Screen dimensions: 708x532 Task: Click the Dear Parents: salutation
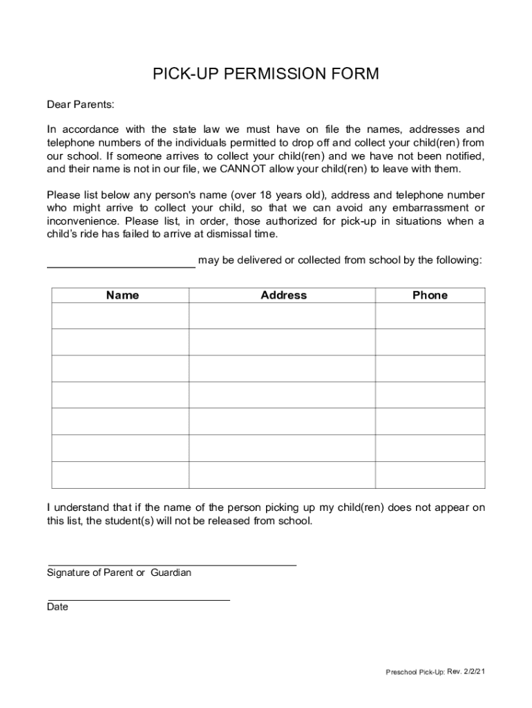point(80,104)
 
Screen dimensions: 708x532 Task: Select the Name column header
point(122,295)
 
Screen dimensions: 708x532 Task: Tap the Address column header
point(283,295)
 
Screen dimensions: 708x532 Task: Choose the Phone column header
point(430,295)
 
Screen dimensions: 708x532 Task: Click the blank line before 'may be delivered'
point(121,265)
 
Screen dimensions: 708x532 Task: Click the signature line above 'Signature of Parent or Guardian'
point(171,564)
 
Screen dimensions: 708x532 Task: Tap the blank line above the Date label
point(138,599)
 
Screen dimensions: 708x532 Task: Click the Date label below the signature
point(57,607)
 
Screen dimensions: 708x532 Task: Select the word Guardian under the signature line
point(169,572)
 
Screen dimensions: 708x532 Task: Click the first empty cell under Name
point(120,316)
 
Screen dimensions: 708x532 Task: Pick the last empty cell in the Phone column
point(430,475)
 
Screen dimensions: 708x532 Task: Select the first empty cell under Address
point(282,316)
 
